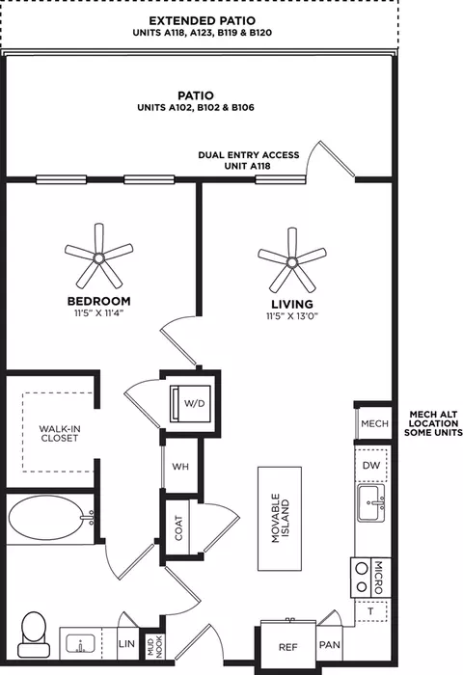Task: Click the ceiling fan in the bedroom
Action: point(99,257)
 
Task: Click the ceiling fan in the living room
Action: point(292,261)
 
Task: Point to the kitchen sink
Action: point(370,502)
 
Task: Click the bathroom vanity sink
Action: point(80,644)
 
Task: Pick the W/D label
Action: point(194,403)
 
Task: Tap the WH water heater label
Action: point(180,466)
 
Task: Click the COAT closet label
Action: point(178,528)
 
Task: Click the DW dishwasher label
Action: point(371,465)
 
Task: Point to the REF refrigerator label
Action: point(288,647)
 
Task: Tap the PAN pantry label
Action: point(330,645)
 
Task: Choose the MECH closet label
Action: point(374,423)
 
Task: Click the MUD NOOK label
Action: point(155,646)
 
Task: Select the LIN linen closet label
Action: point(126,644)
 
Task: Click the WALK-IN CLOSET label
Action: point(60,434)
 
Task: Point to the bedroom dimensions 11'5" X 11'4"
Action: point(99,313)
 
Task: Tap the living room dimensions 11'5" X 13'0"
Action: point(292,316)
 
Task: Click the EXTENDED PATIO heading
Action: point(202,20)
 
